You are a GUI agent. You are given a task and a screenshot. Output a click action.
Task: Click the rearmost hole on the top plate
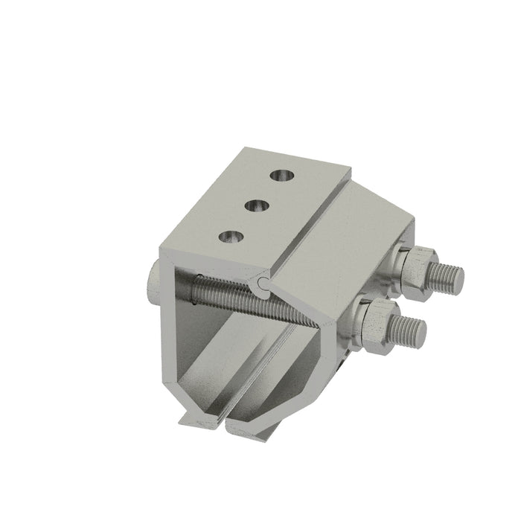(x=283, y=176)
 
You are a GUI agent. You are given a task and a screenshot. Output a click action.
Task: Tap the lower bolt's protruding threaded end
(x=408, y=330)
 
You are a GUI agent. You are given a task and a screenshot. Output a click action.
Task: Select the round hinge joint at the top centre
(x=262, y=284)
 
